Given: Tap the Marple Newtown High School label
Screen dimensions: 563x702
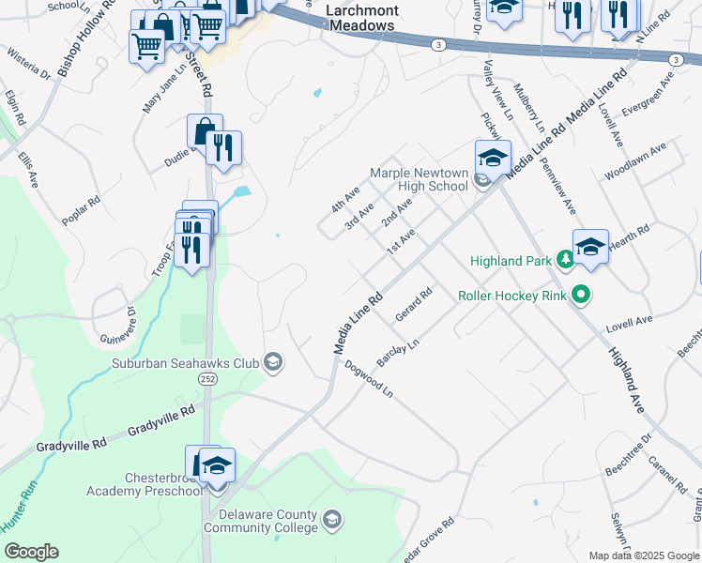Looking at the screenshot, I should pyautogui.click(x=419, y=179).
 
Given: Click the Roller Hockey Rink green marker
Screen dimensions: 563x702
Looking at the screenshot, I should pyautogui.click(x=581, y=296).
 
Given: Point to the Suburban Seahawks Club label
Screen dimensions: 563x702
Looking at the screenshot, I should pyautogui.click(x=185, y=363).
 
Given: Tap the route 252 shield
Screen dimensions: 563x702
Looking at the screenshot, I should pyautogui.click(x=208, y=377).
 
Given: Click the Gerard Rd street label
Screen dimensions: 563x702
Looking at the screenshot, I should pyautogui.click(x=413, y=305).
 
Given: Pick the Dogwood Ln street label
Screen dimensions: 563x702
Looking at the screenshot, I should pyautogui.click(x=368, y=378).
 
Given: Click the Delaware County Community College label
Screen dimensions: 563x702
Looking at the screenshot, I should pyautogui.click(x=269, y=522).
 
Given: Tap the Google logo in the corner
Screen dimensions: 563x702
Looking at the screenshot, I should pyautogui.click(x=31, y=552).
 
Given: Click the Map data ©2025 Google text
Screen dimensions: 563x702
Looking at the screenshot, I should pyautogui.click(x=643, y=555).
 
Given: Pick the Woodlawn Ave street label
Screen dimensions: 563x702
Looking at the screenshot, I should pyautogui.click(x=635, y=161).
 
